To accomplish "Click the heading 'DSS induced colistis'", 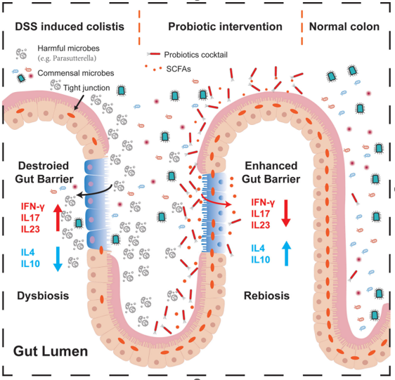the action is (x=70, y=27).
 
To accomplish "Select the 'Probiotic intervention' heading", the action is (x=225, y=27).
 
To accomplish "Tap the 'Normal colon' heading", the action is (x=344, y=27).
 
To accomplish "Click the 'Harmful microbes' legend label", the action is (x=68, y=48).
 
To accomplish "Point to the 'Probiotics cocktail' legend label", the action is (x=195, y=55).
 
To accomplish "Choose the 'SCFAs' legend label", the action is (x=179, y=69).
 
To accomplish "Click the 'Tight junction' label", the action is (x=86, y=88).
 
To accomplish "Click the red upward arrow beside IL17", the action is (x=58, y=217).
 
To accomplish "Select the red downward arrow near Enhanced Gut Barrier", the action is (x=286, y=214).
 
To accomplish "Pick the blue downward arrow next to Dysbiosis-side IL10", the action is (x=58, y=259).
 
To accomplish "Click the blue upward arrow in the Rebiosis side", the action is (x=286, y=254).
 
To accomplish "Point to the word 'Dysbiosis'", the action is (x=43, y=296).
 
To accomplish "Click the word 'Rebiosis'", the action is (x=266, y=296).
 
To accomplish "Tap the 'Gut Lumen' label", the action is (x=51, y=351).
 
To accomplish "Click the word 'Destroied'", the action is (x=44, y=166).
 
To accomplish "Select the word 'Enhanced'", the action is (x=271, y=166).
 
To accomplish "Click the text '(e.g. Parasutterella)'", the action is (x=67, y=58).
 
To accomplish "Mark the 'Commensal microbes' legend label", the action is (x=76, y=73).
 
